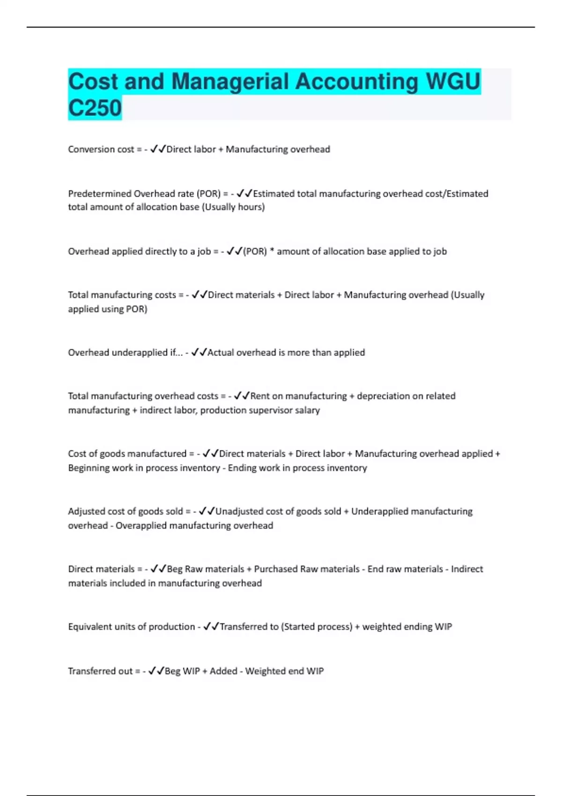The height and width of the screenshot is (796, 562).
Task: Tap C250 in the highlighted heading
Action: click(95, 108)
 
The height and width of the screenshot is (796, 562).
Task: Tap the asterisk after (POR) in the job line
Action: click(272, 251)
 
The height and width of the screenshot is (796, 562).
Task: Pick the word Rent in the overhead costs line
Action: click(260, 396)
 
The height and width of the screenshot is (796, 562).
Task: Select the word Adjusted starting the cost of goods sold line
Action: click(87, 511)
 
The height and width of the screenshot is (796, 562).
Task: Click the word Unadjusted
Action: click(239, 511)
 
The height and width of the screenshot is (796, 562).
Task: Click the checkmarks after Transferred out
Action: click(156, 671)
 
